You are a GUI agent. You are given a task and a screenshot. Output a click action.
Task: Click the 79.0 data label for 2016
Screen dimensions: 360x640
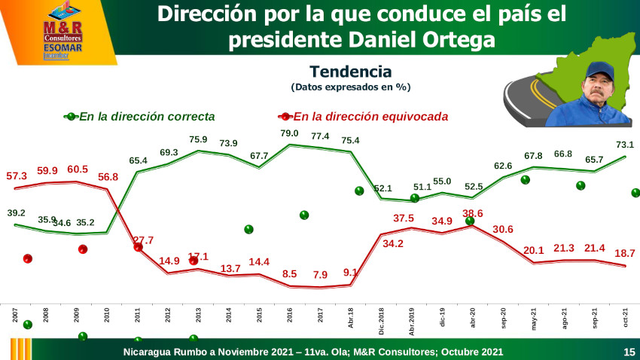tap(290, 133)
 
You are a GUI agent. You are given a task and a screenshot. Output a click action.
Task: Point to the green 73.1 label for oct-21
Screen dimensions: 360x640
tap(625, 145)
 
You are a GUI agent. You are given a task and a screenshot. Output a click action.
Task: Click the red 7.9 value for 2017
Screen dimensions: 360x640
tap(320, 274)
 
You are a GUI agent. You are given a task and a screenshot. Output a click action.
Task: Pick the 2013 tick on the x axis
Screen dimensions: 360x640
tap(198, 314)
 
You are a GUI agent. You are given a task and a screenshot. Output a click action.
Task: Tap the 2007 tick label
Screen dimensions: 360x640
tap(15, 314)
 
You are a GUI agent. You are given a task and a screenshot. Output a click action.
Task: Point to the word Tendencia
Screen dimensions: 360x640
tap(350, 72)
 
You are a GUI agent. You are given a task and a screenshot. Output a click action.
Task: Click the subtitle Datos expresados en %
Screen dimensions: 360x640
tap(350, 87)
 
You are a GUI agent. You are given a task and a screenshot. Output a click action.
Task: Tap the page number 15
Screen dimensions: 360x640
tap(629, 352)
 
